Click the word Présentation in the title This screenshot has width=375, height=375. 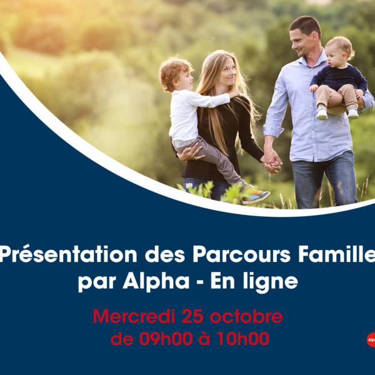68,255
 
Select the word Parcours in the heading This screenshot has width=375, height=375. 241,254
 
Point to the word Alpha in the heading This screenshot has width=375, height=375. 156,281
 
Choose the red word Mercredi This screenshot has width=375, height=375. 134,316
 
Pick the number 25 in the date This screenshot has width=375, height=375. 192,316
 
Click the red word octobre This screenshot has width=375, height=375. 246,316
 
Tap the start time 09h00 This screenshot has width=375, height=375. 166,339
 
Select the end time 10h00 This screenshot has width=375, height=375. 243,339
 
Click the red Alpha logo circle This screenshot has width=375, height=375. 371,339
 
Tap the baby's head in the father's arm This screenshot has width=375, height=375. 338,51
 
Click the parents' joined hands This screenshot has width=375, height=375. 272,162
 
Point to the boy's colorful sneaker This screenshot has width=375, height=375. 256,196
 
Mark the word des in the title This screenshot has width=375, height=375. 165,255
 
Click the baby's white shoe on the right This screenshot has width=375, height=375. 353,113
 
